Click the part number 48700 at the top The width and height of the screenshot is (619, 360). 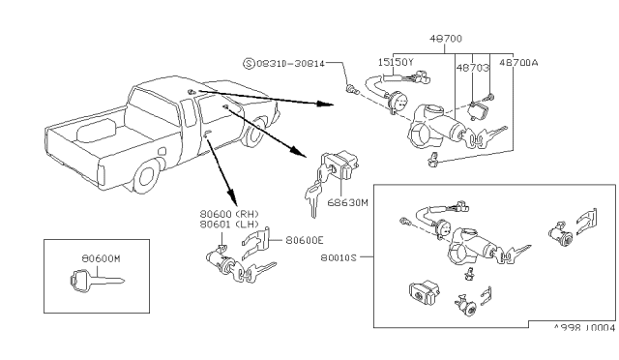(x=445, y=39)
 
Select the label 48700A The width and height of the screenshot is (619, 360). (x=518, y=63)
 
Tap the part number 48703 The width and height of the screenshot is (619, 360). (x=473, y=68)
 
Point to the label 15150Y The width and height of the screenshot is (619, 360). (x=396, y=62)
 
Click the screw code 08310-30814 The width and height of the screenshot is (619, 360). (x=290, y=63)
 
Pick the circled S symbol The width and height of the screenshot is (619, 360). (x=249, y=63)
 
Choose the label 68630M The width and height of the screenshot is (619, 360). (x=347, y=202)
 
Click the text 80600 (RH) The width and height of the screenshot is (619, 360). (x=229, y=214)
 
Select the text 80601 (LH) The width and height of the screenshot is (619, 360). (x=229, y=225)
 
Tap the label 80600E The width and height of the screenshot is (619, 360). (x=305, y=240)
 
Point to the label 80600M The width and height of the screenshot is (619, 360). (x=101, y=258)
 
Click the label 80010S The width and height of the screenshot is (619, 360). (x=339, y=257)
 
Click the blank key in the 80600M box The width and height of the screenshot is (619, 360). (x=97, y=281)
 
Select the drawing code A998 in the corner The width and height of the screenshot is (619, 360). (x=568, y=328)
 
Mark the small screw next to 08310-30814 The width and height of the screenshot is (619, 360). (x=351, y=90)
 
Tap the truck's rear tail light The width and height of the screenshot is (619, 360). (x=101, y=175)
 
